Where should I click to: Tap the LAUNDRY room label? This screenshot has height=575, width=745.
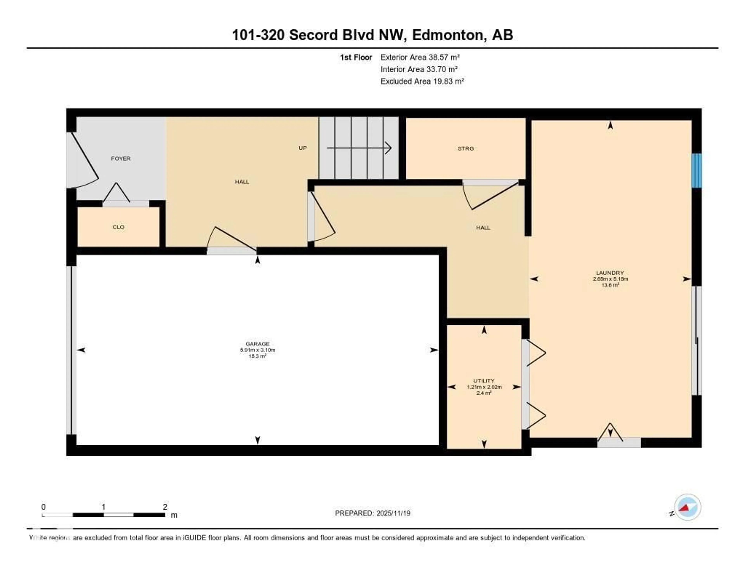[x=610, y=273]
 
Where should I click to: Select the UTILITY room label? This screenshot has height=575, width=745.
[x=484, y=381]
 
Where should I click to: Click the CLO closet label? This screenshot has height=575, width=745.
[x=118, y=227]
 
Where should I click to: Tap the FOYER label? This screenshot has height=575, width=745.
[x=121, y=159]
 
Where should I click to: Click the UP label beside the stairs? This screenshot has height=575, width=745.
[x=303, y=148]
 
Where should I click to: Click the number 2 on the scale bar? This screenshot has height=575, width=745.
[x=165, y=507]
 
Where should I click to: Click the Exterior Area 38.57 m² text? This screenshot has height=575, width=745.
[x=420, y=57]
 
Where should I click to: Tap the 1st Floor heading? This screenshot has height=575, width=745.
[x=356, y=57]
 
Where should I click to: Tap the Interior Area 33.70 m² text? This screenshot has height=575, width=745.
[x=419, y=69]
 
